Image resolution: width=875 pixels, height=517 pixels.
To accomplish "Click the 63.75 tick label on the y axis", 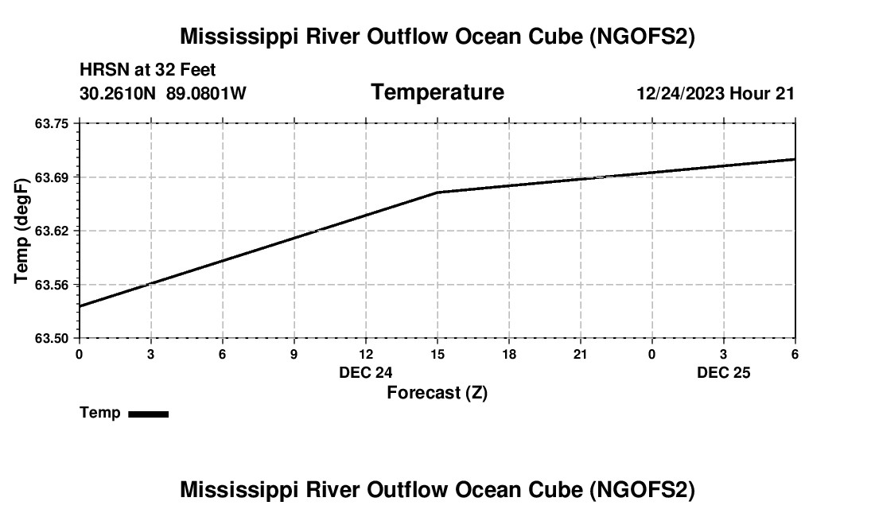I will [x=52, y=123].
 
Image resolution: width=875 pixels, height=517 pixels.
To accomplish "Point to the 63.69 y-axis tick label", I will [x=52, y=177].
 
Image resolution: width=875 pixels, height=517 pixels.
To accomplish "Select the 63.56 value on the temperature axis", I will [x=52, y=285].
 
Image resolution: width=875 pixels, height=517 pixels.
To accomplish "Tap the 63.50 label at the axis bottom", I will [x=52, y=338].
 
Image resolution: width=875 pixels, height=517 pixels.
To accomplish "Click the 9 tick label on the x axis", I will [x=294, y=354].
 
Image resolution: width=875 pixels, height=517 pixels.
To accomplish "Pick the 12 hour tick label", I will [x=366, y=354].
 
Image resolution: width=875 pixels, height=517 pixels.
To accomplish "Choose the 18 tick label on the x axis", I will [x=509, y=354].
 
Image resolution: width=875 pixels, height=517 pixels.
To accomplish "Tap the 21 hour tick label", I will [x=581, y=354].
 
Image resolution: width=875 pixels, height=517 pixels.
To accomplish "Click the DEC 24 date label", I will [x=366, y=372].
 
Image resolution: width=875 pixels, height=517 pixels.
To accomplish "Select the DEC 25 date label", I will [x=724, y=372].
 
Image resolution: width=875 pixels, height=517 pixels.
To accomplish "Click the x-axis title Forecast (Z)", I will [x=437, y=392].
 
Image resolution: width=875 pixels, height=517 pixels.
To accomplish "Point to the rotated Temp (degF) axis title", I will [x=22, y=231].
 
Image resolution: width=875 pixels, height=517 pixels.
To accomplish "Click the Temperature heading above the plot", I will [x=437, y=92].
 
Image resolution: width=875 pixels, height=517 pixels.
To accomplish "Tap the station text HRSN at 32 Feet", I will [x=148, y=71].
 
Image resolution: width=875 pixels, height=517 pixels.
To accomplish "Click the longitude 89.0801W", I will [x=206, y=94].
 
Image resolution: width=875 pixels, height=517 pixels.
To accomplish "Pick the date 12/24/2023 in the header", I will [x=680, y=94].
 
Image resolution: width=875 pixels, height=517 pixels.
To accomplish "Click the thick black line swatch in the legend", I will [x=148, y=414].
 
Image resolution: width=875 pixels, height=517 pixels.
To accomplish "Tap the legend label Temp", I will [x=100, y=413].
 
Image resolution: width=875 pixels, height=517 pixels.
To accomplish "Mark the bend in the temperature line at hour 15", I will [x=437, y=192].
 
